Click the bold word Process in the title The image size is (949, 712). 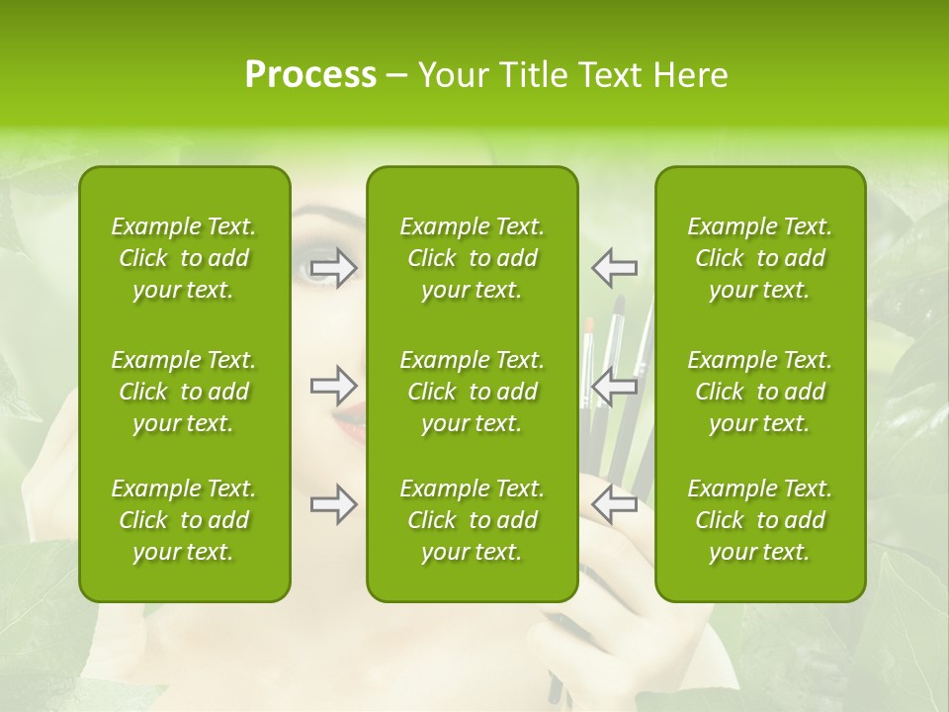(x=310, y=75)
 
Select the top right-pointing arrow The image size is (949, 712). (x=333, y=268)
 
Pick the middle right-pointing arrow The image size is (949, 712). (x=333, y=386)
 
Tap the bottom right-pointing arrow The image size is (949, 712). (x=333, y=504)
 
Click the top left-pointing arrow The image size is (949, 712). (x=615, y=268)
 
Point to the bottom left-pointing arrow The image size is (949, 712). (x=615, y=504)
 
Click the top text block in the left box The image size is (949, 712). (x=184, y=258)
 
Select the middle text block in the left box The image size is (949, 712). (x=184, y=392)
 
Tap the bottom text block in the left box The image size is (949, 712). (x=184, y=520)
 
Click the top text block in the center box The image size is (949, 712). (x=473, y=258)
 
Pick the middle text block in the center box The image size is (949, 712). (x=473, y=392)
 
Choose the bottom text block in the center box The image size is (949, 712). (x=473, y=520)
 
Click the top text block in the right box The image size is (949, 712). (x=760, y=258)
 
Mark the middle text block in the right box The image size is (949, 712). (x=760, y=392)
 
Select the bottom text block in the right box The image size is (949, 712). (x=760, y=520)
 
